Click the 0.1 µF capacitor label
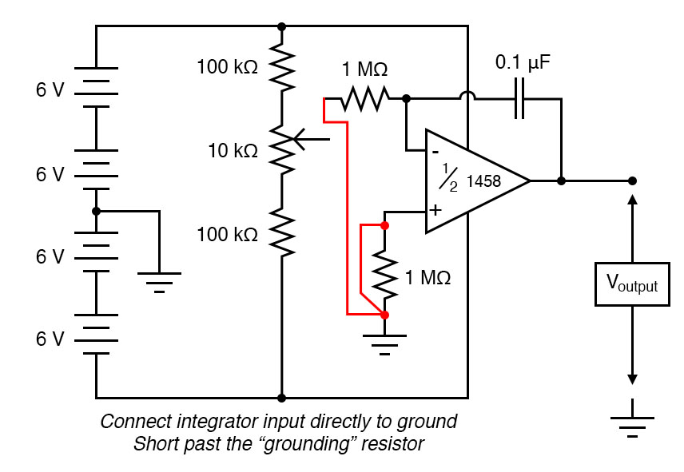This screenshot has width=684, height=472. tap(523, 61)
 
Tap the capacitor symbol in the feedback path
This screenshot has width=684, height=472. tap(520, 98)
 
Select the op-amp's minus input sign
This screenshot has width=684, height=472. tap(435, 150)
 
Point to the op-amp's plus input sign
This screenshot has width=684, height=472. tap(435, 211)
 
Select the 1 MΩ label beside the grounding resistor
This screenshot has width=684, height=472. tap(428, 278)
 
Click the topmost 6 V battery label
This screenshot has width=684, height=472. tap(50, 89)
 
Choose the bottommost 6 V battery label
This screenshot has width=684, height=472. tap(50, 339)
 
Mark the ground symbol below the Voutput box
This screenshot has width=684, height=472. tap(632, 423)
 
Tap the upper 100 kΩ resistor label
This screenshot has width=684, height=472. tap(228, 67)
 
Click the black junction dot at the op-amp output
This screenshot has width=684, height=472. tap(562, 180)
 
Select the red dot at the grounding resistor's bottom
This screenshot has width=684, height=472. tap(385, 315)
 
